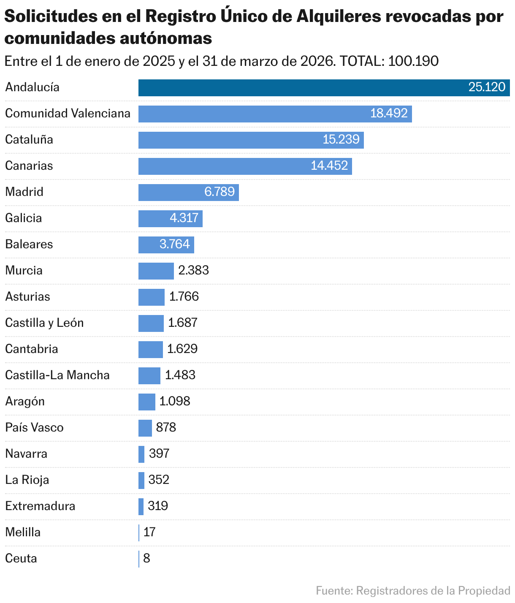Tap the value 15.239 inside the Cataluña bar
point(341,139)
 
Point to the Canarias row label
point(29,166)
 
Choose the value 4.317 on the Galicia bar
point(184,218)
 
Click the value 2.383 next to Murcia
point(194,270)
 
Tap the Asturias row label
point(27,296)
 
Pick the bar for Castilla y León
point(151,323)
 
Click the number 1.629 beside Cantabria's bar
point(182,349)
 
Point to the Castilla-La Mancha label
point(57,375)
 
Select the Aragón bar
point(146,402)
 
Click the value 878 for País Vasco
point(166,427)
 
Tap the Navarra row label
point(26,454)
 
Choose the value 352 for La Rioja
point(159,480)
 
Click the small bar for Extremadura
point(141,507)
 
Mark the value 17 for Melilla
point(149,532)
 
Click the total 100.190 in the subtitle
point(413,61)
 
